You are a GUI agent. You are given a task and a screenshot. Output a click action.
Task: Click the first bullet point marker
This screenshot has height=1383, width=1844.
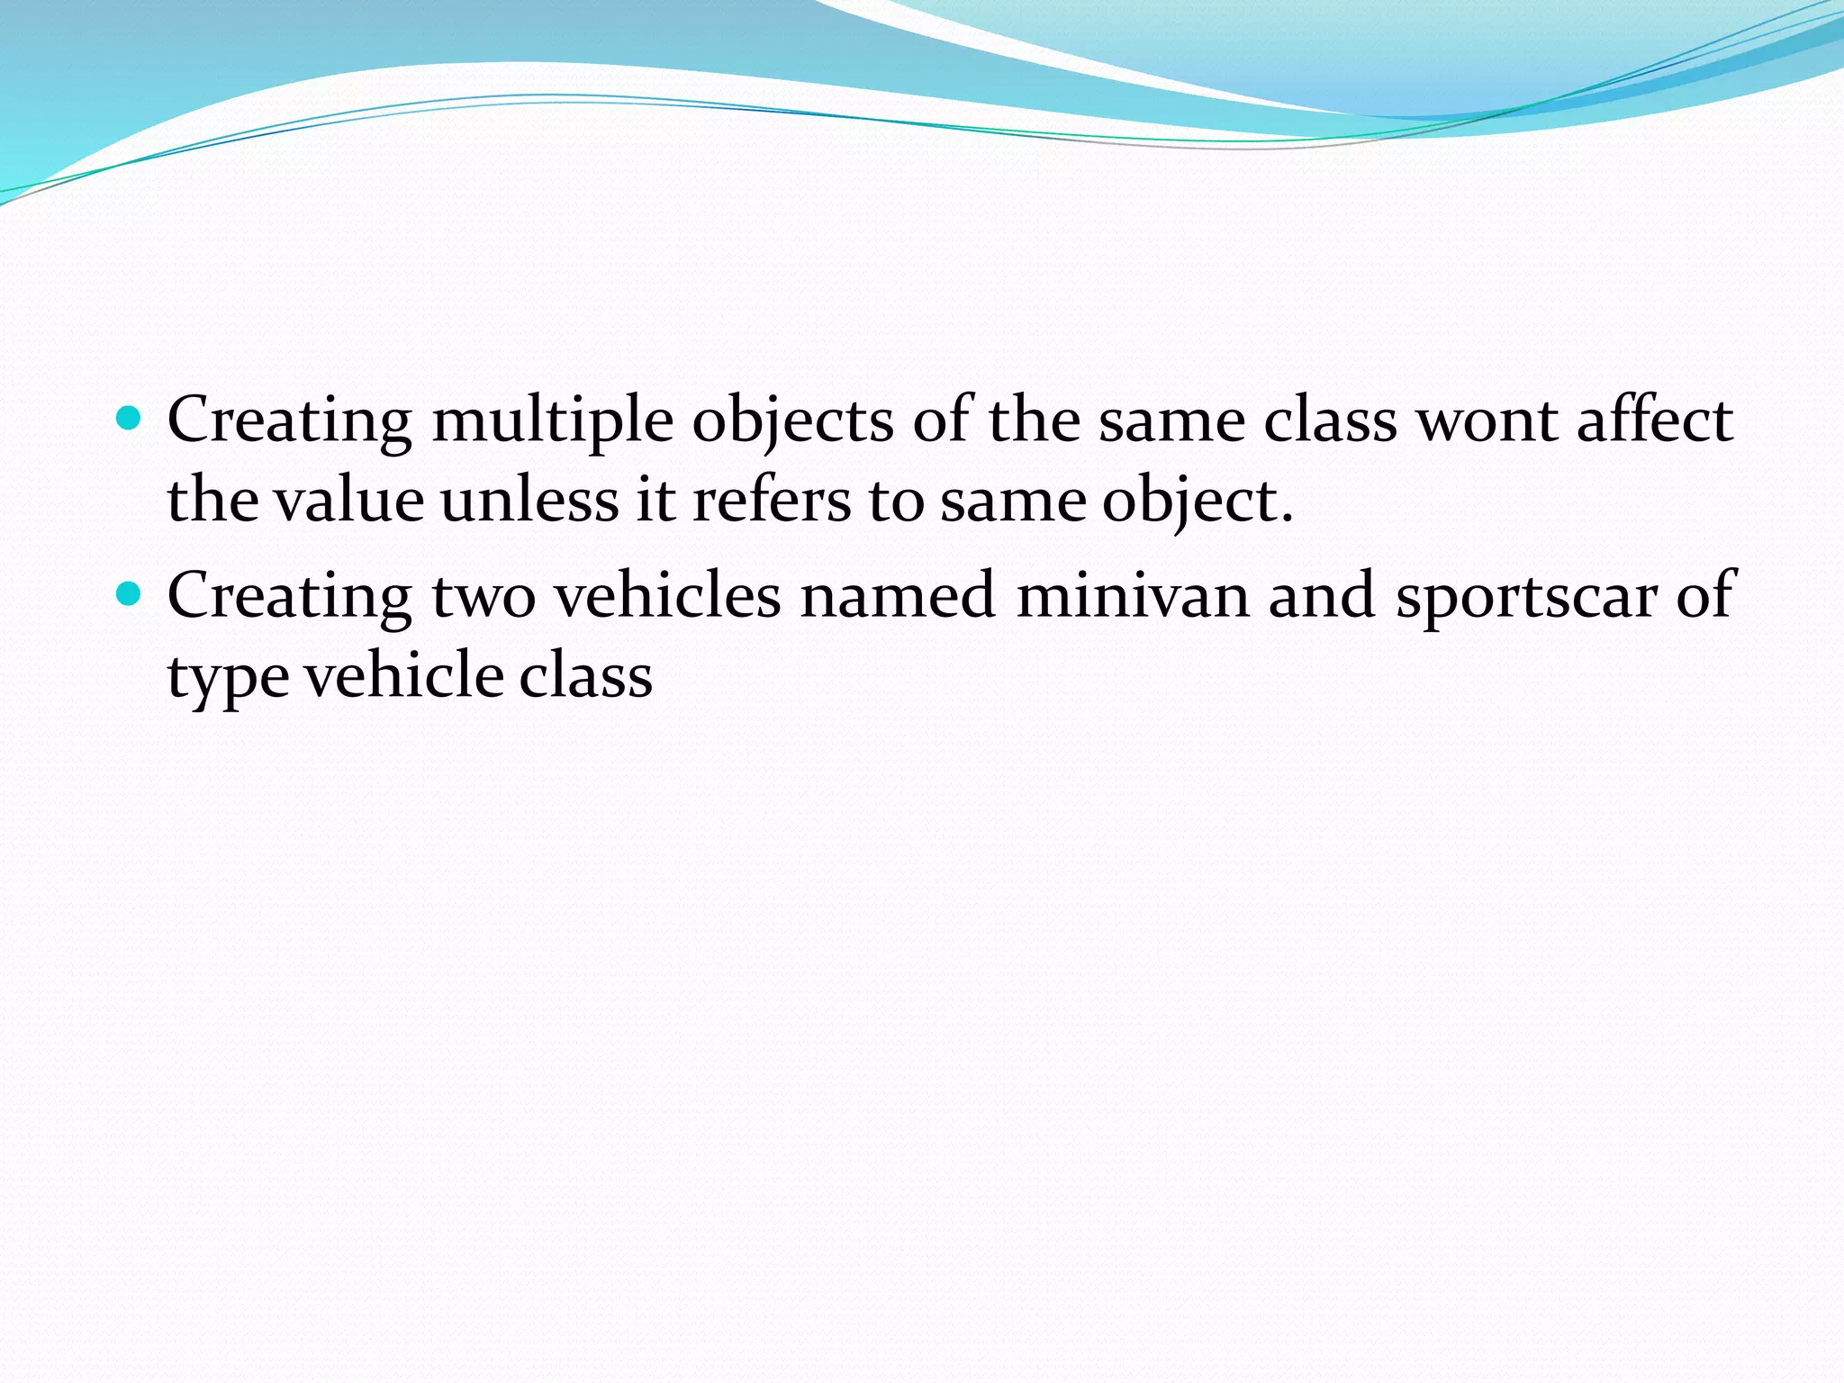click(x=130, y=419)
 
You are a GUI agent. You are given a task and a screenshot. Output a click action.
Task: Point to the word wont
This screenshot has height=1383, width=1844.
click(x=1487, y=420)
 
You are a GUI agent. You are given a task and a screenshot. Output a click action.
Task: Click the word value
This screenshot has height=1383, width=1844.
click(x=349, y=500)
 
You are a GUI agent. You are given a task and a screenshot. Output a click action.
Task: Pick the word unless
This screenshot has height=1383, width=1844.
click(x=529, y=500)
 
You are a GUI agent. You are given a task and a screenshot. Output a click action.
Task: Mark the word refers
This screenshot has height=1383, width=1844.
click(x=771, y=500)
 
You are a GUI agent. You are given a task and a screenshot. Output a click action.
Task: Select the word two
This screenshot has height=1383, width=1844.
click(x=484, y=596)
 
